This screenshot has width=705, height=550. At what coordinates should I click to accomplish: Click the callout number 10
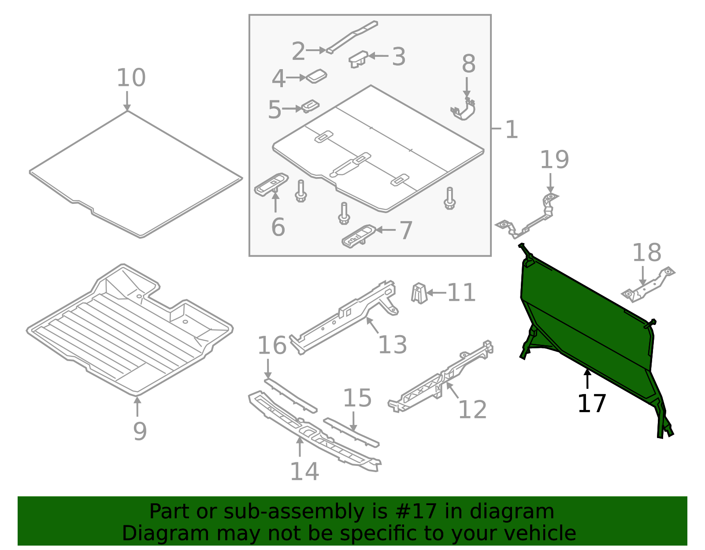coord(131,78)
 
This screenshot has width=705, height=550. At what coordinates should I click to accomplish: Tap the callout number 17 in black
coord(592,403)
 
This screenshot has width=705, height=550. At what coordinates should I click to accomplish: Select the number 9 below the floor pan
coord(140,432)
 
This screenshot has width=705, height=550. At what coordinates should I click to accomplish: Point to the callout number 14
coord(304,472)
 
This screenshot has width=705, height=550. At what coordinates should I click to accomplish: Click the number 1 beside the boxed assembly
coord(512,129)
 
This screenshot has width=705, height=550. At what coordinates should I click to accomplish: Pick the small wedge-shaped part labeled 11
coord(419,293)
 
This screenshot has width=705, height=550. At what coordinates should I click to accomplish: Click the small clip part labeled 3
coord(358,59)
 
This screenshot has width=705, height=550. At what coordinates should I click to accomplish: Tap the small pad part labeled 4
coord(316,76)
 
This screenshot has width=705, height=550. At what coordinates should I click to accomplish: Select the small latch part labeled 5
coord(311,106)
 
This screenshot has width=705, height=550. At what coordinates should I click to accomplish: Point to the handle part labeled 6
coord(271,185)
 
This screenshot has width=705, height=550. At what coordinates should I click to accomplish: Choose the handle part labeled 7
coord(359,236)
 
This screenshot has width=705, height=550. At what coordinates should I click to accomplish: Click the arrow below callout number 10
coord(127,101)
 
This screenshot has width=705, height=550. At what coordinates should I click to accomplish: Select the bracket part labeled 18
coord(648,284)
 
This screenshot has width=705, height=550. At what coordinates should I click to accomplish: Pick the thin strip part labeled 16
coord(291,396)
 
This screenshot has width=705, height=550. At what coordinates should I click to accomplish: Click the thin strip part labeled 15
coord(351,433)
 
